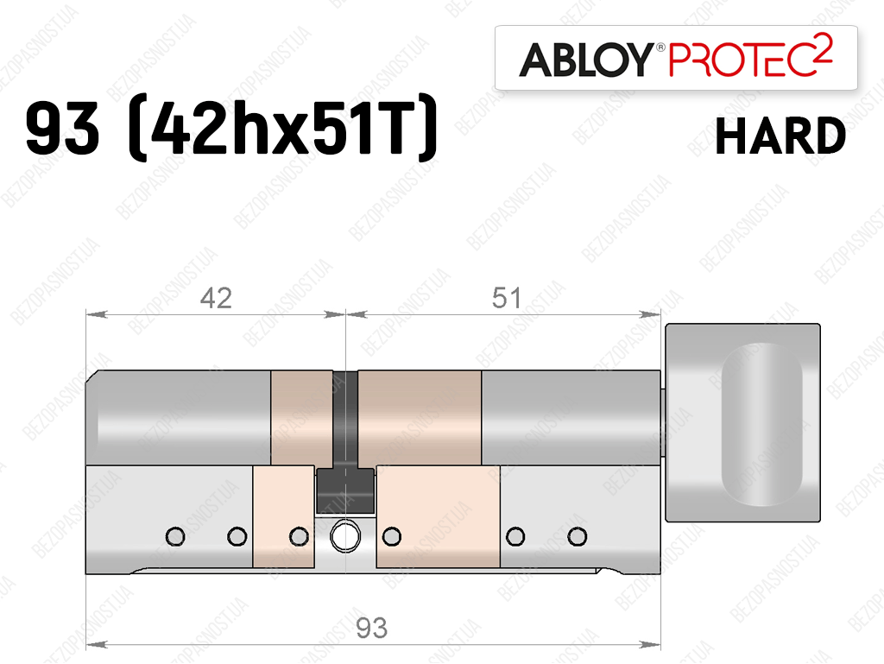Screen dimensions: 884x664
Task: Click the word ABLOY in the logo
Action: [586, 60]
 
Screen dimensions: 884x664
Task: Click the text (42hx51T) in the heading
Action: [283, 128]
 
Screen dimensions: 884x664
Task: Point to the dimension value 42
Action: [216, 298]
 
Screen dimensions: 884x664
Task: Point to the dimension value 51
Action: [506, 298]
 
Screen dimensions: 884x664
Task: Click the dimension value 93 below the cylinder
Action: [371, 628]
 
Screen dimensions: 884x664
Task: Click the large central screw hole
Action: [345, 536]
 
